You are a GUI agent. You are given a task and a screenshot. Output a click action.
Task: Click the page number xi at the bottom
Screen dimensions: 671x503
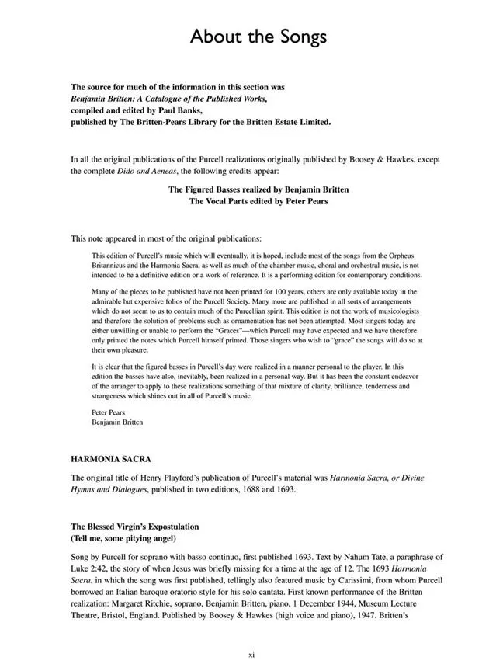click(x=251, y=654)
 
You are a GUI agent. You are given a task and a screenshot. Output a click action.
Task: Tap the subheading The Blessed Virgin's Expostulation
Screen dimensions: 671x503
click(x=135, y=526)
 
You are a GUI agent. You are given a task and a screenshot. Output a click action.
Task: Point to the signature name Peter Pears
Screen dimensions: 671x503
click(x=109, y=412)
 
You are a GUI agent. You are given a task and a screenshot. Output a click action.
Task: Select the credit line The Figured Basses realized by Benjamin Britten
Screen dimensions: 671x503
click(x=259, y=189)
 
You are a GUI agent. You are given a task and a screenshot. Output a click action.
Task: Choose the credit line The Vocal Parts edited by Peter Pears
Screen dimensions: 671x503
click(x=259, y=201)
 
